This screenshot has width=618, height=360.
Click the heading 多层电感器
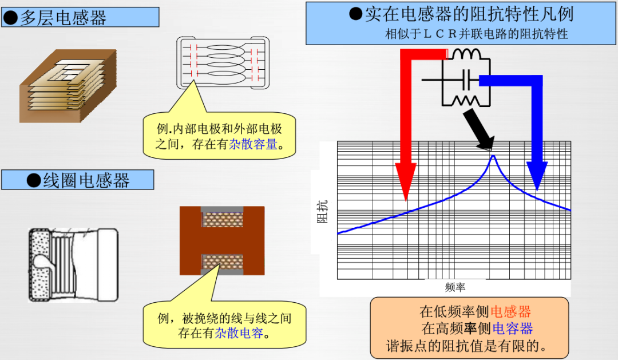[x=63, y=18]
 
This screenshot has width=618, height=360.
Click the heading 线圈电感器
[x=86, y=181]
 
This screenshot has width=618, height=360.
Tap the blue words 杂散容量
[x=253, y=144]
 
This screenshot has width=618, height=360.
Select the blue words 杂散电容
[x=239, y=333]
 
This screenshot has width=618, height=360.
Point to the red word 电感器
[x=510, y=311]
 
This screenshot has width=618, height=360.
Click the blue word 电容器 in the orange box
[x=512, y=328]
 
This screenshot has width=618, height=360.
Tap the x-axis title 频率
[x=455, y=287]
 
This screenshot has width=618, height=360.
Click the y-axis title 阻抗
[x=323, y=212]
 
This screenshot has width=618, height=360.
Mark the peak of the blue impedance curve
[x=493, y=156]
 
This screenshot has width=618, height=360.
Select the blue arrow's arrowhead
[x=536, y=176]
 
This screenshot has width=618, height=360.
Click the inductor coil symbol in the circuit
[x=465, y=54]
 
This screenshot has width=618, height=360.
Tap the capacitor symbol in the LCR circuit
[x=466, y=80]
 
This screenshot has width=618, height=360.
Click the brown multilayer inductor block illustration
[x=68, y=85]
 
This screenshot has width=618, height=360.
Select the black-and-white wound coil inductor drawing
[x=73, y=265]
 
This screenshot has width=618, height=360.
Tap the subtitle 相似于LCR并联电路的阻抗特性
[x=477, y=34]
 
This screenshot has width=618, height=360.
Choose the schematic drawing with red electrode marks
[x=223, y=63]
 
